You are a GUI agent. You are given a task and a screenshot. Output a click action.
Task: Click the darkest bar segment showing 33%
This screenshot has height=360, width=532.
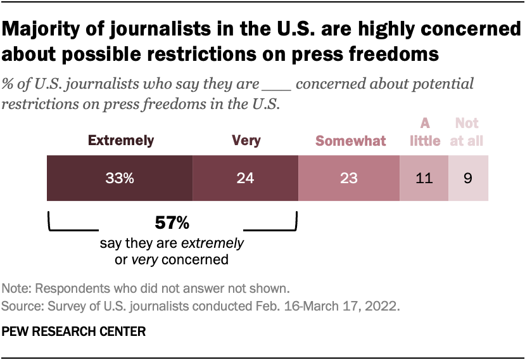pyautogui.click(x=120, y=179)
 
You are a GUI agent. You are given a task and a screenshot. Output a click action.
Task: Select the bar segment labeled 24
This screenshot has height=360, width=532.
pyautogui.click(x=245, y=179)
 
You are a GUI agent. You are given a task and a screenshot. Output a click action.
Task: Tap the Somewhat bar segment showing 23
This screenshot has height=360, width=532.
pyautogui.click(x=348, y=179)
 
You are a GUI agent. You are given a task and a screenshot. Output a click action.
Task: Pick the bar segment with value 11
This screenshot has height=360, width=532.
pyautogui.click(x=424, y=179)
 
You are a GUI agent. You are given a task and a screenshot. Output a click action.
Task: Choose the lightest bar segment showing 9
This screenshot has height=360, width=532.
pyautogui.click(x=468, y=179)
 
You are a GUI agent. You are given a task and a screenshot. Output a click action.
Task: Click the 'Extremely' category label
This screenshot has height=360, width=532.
pyautogui.click(x=120, y=141)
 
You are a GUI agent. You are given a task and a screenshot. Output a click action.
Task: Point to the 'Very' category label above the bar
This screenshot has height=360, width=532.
pyautogui.click(x=246, y=141)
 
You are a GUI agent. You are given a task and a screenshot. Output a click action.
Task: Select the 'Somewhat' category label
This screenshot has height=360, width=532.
pyautogui.click(x=351, y=141)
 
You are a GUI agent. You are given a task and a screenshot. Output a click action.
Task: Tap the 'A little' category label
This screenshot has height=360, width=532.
pyautogui.click(x=424, y=132)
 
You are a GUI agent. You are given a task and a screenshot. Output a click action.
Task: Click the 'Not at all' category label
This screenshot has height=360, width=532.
pyautogui.click(x=467, y=132)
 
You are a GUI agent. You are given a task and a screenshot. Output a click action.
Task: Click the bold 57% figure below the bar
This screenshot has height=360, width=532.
pyautogui.click(x=172, y=224)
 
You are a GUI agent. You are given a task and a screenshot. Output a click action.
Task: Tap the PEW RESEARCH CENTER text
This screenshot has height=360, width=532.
pyautogui.click(x=74, y=331)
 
